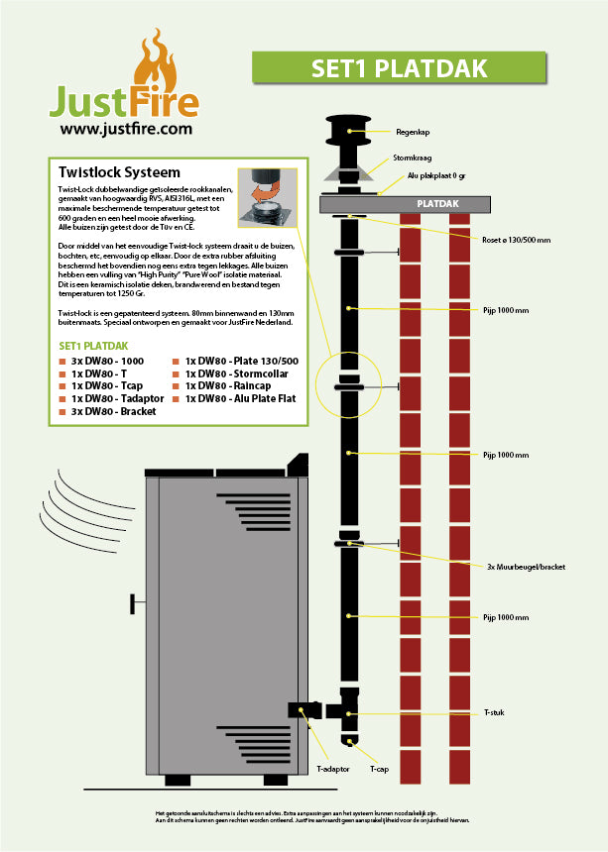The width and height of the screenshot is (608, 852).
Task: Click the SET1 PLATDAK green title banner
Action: click(x=413, y=67)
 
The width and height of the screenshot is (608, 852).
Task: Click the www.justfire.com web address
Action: click(x=125, y=128)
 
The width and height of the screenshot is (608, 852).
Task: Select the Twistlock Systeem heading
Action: click(x=119, y=172)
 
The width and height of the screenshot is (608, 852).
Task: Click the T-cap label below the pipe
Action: click(x=378, y=768)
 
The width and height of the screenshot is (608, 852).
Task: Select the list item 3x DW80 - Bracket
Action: click(x=113, y=411)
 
